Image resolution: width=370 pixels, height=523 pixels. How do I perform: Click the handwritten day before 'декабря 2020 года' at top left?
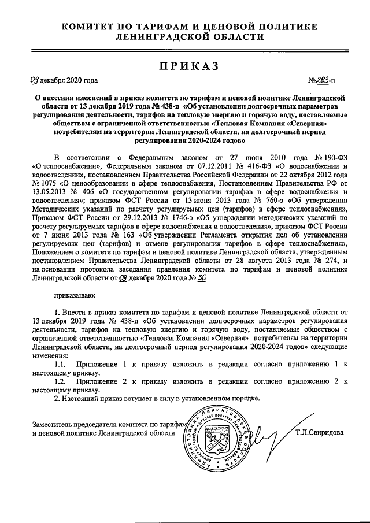click(x=36, y=81)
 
